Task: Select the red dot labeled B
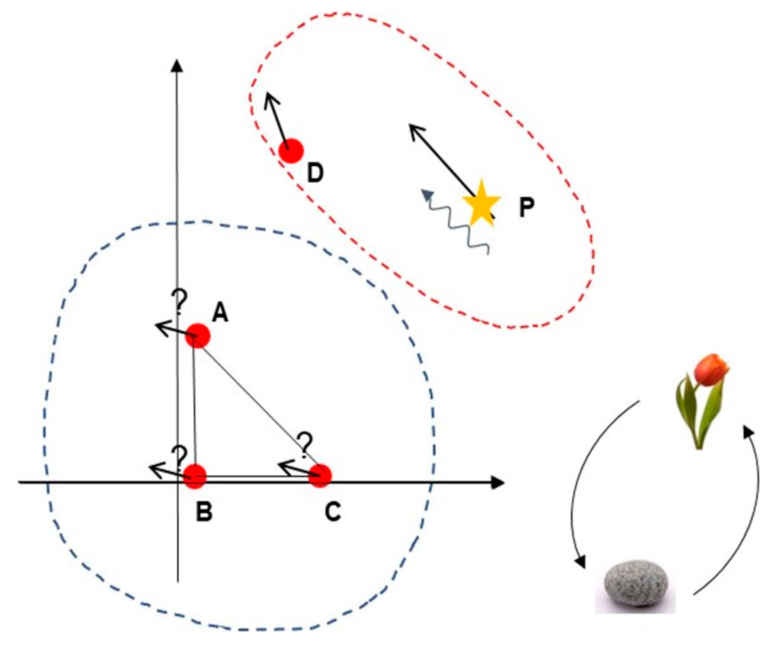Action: pyautogui.click(x=195, y=476)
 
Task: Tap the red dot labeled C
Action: pyautogui.click(x=320, y=476)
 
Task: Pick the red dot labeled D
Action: pyautogui.click(x=291, y=150)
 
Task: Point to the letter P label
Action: pyautogui.click(x=527, y=208)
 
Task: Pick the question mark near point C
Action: pyautogui.click(x=305, y=445)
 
